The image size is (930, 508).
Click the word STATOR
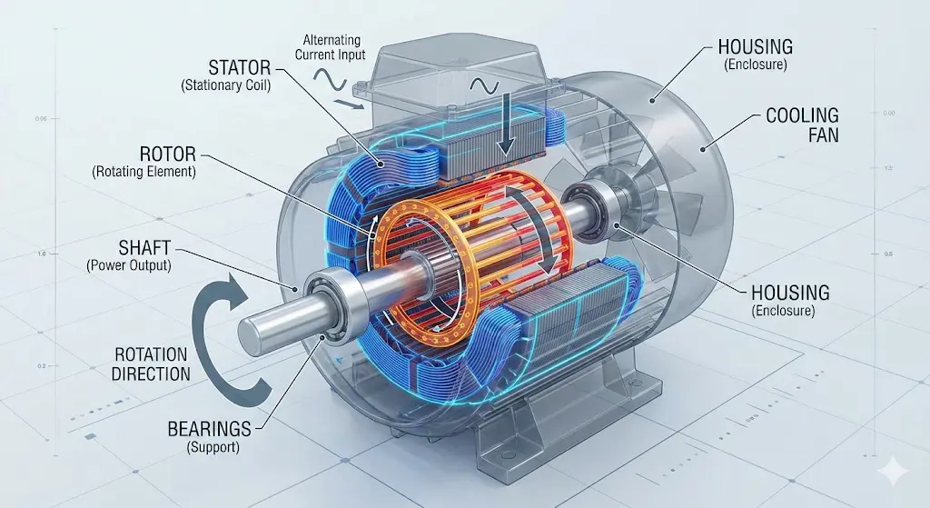[x=239, y=66]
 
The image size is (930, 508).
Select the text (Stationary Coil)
[x=225, y=85]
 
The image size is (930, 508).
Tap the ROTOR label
[x=167, y=154]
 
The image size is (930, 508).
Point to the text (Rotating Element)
[x=143, y=173]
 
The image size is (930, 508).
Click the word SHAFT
[x=144, y=247]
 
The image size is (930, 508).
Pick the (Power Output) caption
[x=129, y=265]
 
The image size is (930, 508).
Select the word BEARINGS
[x=210, y=428]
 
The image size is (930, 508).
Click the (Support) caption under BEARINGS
[x=213, y=447]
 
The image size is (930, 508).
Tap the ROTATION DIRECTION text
[x=152, y=364]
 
